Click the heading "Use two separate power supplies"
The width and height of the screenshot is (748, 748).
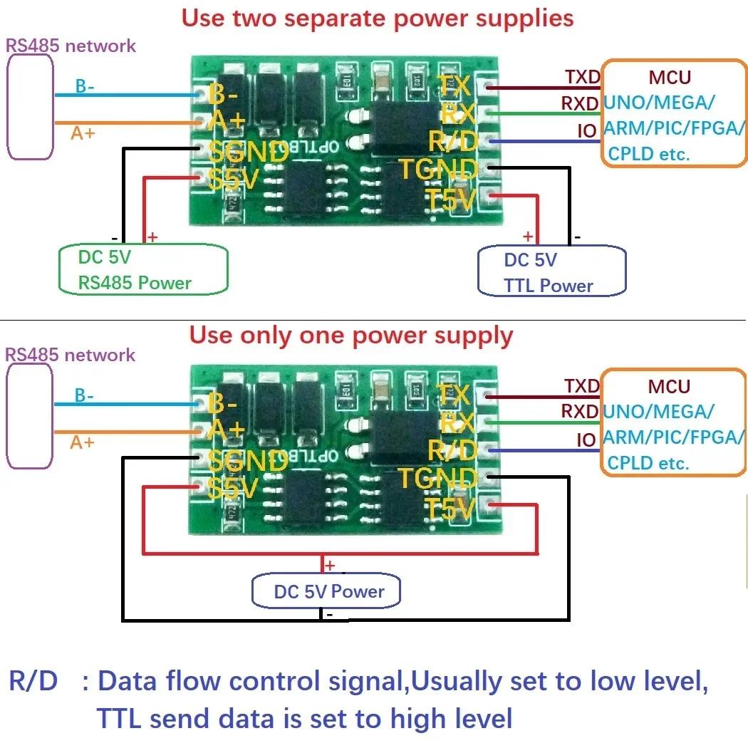click(377, 18)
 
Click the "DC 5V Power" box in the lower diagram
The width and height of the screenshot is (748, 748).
click(328, 591)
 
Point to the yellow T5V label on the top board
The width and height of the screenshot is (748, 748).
click(450, 200)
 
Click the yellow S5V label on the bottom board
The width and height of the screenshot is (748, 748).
click(233, 489)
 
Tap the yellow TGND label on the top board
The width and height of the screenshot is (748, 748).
click(437, 170)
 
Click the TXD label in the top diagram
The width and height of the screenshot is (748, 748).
click(582, 76)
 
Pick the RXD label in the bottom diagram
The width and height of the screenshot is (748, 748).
click(580, 411)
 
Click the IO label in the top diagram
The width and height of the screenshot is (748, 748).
click(586, 131)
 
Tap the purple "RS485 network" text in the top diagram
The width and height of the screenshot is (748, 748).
click(71, 46)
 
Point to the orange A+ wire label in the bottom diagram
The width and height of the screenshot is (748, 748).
click(82, 442)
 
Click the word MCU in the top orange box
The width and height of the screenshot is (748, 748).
click(670, 76)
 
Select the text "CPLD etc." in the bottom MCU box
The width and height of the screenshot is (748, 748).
click(648, 463)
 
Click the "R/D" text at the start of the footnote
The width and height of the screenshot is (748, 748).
click(33, 681)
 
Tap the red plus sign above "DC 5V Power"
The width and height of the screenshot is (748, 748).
click(330, 566)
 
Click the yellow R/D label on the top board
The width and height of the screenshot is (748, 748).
click(452, 142)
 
